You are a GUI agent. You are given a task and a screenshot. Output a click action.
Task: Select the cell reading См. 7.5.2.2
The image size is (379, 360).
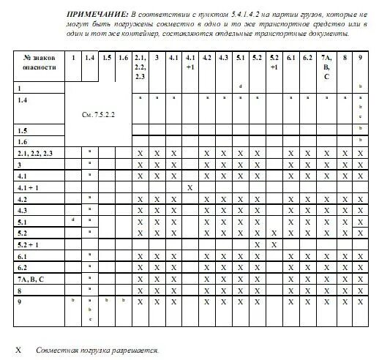(98, 115)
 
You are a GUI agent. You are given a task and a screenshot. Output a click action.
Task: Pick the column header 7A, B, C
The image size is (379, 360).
(326, 66)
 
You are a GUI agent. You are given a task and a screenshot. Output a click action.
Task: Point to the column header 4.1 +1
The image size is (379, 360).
(189, 61)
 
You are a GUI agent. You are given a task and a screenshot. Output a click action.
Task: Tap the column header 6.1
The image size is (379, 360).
(290, 56)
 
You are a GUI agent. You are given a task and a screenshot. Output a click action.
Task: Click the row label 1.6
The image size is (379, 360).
(23, 140)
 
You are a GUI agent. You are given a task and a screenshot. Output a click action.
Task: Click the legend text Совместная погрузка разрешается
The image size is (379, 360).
(97, 350)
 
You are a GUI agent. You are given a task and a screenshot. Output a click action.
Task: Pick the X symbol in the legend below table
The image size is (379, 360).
(18, 350)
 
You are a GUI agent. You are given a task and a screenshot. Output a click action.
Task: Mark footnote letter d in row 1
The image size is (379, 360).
(240, 86)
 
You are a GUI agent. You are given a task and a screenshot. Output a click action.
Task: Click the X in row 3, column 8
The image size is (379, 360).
(343, 165)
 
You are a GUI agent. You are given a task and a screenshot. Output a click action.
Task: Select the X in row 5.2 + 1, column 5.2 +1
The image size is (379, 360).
(273, 244)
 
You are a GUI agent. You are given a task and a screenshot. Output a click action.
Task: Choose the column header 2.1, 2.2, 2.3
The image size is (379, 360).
(140, 66)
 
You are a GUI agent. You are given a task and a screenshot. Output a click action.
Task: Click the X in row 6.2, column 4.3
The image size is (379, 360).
(223, 267)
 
